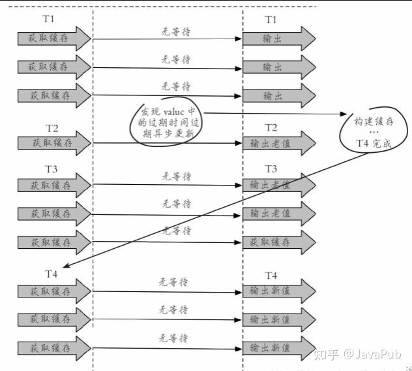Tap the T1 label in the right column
pos(271,20)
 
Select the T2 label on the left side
pos(52,127)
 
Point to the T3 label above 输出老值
pos(271,169)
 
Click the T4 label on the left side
pos(52,273)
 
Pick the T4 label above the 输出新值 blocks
pos(271,275)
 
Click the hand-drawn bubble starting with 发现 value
pos(167,121)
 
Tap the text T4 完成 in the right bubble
pos(373,144)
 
